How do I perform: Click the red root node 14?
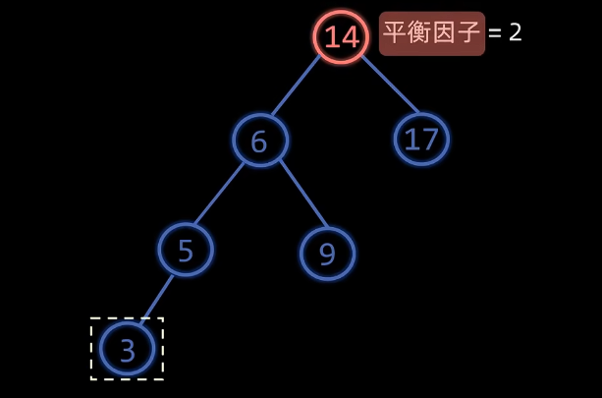(x=341, y=37)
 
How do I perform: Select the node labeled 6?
(x=260, y=141)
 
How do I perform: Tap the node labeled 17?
(x=421, y=140)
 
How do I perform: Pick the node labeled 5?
(x=186, y=250)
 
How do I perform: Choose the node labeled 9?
(x=327, y=254)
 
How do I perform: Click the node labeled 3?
(x=127, y=349)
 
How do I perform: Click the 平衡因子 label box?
(x=432, y=33)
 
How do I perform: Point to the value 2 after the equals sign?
(x=516, y=32)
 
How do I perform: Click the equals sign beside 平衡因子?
(x=495, y=33)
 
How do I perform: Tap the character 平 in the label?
(x=395, y=32)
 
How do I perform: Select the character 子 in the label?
(x=469, y=32)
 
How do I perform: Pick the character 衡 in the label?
(x=419, y=32)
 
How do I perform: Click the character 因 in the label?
(x=445, y=32)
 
